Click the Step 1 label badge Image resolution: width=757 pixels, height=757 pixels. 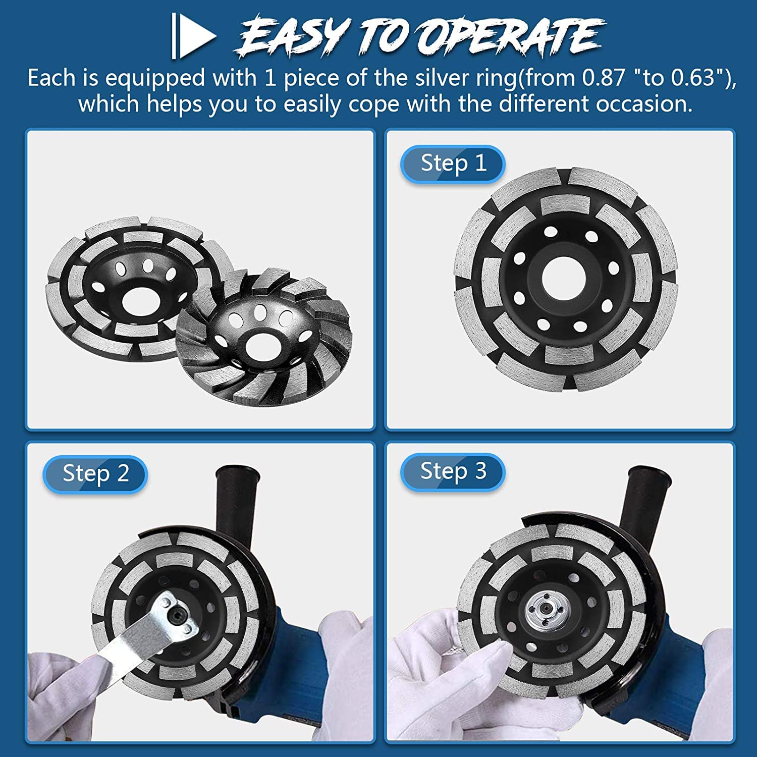pos(453,164)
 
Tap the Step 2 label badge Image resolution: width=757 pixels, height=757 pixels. pos(95,474)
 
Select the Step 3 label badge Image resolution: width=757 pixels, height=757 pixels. pos(453,472)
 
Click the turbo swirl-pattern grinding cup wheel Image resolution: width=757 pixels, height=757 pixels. pos(264,336)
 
